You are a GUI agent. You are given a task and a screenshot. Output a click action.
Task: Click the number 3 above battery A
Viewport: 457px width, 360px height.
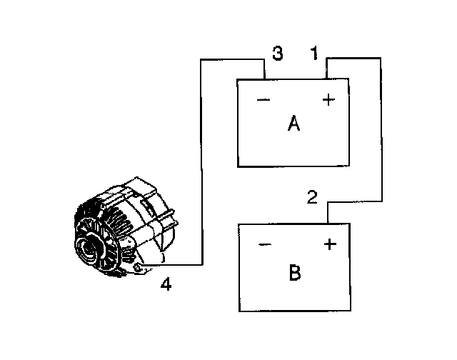click(278, 53)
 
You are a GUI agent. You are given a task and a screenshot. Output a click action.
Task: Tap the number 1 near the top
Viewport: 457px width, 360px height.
click(313, 53)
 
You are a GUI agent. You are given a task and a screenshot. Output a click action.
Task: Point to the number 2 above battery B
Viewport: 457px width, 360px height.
click(312, 197)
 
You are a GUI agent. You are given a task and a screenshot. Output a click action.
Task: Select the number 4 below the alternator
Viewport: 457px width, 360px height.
click(166, 285)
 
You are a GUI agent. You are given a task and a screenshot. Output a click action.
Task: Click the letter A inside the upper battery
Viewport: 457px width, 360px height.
click(293, 124)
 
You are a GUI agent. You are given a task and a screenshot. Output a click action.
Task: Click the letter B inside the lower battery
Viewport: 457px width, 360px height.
click(295, 272)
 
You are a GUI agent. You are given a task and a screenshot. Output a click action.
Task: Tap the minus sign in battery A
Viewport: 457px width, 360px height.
click(263, 100)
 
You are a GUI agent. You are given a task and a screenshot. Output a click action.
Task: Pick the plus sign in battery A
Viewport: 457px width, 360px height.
click(328, 100)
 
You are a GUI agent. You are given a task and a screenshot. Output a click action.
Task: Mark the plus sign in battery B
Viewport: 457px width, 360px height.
click(329, 245)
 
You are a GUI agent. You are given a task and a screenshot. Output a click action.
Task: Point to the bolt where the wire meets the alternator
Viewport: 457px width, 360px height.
click(139, 268)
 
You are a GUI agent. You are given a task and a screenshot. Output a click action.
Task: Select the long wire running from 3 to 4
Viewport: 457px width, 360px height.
click(201, 164)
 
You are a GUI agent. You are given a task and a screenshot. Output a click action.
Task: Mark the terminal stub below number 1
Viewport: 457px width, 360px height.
click(327, 70)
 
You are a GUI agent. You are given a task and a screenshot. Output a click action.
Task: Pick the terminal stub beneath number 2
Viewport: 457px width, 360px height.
click(328, 213)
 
